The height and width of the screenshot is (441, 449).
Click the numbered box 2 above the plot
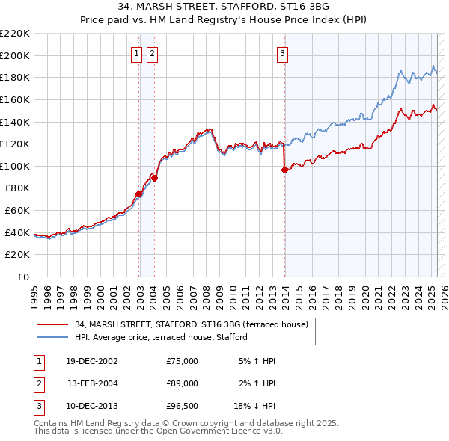coord(152,53)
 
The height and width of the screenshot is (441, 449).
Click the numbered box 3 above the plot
coord(283,53)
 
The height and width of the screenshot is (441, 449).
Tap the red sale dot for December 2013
coord(284,170)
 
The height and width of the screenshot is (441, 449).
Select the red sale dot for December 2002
coord(139,194)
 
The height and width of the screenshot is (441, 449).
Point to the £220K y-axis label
coord(15,34)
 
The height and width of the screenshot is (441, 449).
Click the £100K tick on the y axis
coord(15,166)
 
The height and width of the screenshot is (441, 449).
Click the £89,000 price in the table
coord(182,383)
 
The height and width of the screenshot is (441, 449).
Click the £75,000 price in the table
coord(182,361)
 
